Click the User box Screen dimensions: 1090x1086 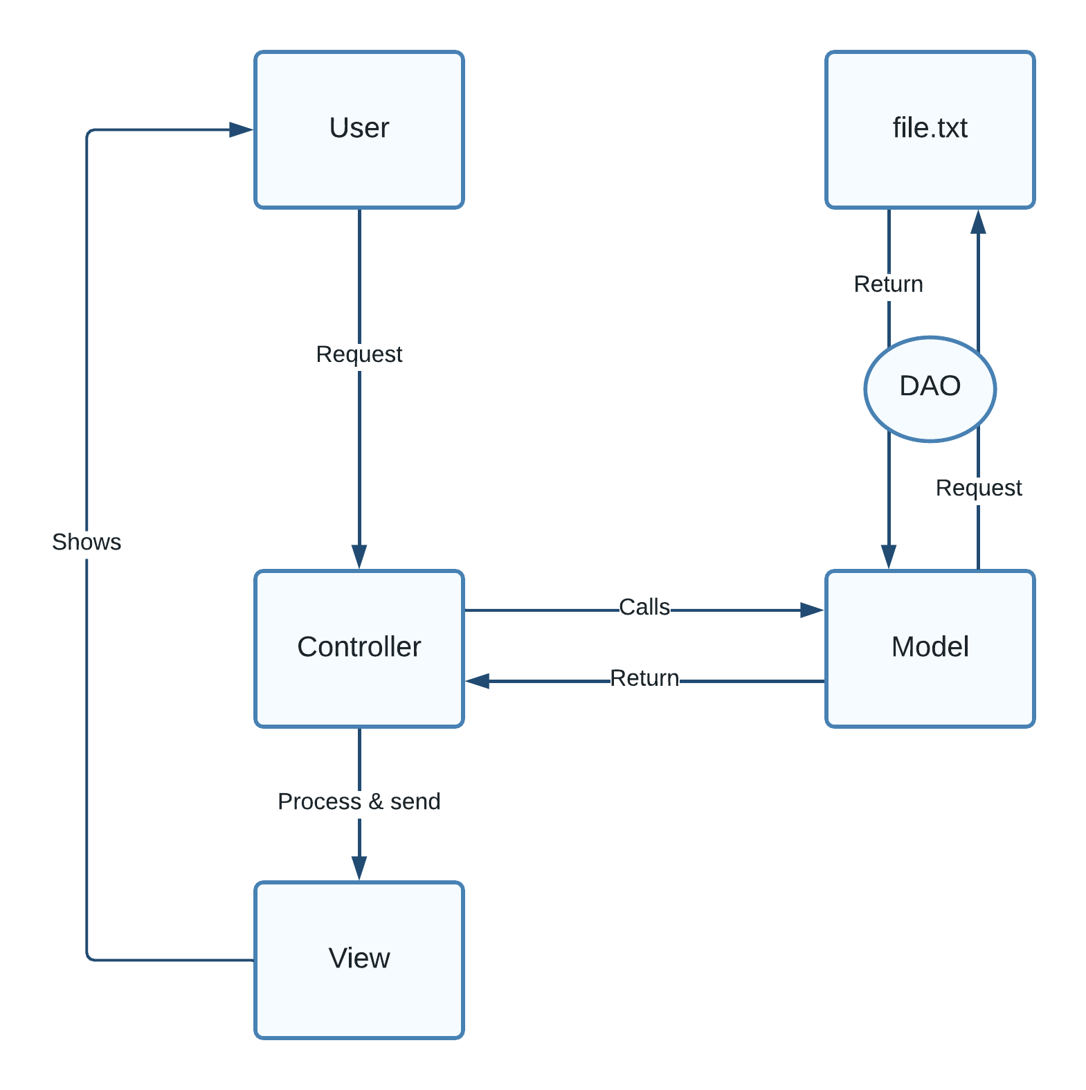[x=359, y=129]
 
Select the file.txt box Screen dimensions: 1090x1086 [x=930, y=129]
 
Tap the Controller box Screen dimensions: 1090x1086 [x=359, y=648]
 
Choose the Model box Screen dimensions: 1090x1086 [x=930, y=648]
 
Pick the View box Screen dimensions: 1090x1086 [x=359, y=960]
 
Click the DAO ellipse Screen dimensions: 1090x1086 [x=930, y=388]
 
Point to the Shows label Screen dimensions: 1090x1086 [x=87, y=542]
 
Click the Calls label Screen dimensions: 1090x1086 [x=644, y=607]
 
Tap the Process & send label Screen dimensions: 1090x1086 [x=359, y=801]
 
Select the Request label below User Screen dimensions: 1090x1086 [x=359, y=354]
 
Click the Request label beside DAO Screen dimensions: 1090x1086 [x=978, y=488]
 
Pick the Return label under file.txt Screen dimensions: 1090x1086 [x=888, y=284]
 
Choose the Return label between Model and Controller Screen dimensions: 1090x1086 [x=644, y=678]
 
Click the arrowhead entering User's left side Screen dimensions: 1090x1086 [x=242, y=129]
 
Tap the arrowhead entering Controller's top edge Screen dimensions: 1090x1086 [x=359, y=556]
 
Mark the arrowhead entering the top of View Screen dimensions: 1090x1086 [x=359, y=868]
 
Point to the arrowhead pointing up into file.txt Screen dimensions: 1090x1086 [x=978, y=222]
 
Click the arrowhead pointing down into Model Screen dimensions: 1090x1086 [x=889, y=556]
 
